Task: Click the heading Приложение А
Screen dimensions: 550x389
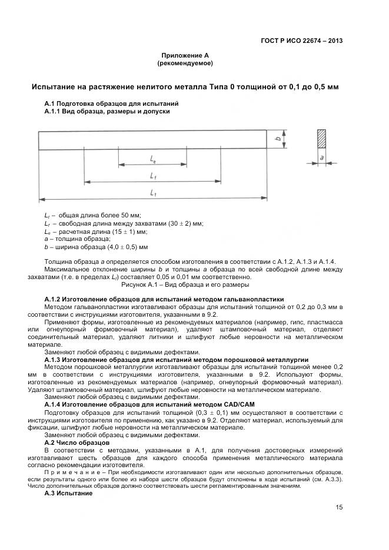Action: pyautogui.click(x=185, y=55)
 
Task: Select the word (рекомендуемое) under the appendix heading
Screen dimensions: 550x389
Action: pyautogui.click(x=185, y=63)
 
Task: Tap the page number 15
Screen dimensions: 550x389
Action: pyautogui.click(x=339, y=508)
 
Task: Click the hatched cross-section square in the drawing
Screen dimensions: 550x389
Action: pyautogui.click(x=321, y=139)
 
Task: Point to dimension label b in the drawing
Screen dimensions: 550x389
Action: pyautogui.click(x=277, y=140)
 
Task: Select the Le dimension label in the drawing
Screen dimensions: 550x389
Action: pyautogui.click(x=153, y=159)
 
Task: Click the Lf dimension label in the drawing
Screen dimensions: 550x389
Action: pyautogui.click(x=153, y=176)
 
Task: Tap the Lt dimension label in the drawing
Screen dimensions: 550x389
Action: pyautogui.click(x=153, y=193)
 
